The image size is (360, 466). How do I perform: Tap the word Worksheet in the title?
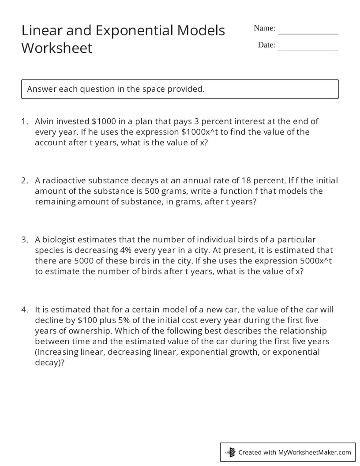pyautogui.click(x=57, y=48)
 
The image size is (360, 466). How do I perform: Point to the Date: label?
pyautogui.click(x=266, y=45)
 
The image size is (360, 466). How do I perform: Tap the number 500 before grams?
pyautogui.click(x=152, y=191)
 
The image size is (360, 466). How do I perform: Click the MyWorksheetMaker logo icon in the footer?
pyautogui.click(x=230, y=452)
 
